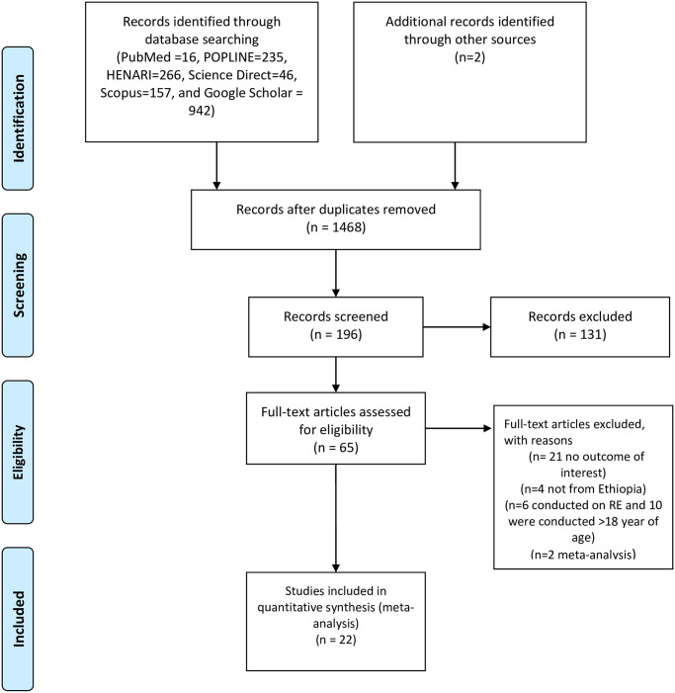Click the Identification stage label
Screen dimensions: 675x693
19,119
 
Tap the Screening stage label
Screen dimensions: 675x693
19,285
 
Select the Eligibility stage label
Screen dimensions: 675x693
19,452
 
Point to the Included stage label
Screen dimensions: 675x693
19,619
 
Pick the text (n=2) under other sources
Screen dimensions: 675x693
469,57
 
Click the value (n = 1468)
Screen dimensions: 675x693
336,227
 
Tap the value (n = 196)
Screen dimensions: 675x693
336,334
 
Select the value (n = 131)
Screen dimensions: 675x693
580,334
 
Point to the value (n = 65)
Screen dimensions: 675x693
336,448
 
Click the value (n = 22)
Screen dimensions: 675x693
336,640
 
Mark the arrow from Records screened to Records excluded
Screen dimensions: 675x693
457,327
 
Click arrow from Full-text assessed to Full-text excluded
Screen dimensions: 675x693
459,428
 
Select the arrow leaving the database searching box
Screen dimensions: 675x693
216,166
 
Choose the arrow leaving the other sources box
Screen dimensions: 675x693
455,166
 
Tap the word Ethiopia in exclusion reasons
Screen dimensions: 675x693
619,488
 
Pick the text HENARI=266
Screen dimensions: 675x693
143,75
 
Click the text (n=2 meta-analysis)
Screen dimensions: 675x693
583,554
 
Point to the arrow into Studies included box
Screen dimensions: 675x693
336,518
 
